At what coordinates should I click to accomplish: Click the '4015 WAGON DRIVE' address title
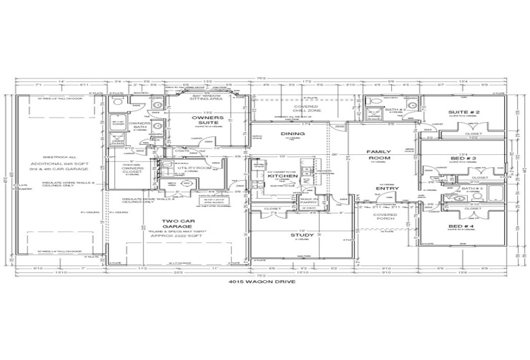[x=264, y=282]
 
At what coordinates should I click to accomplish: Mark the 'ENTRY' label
[x=387, y=188]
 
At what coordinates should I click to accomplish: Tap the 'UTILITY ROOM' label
[x=194, y=168]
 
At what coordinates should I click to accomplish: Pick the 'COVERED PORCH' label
[x=385, y=217]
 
